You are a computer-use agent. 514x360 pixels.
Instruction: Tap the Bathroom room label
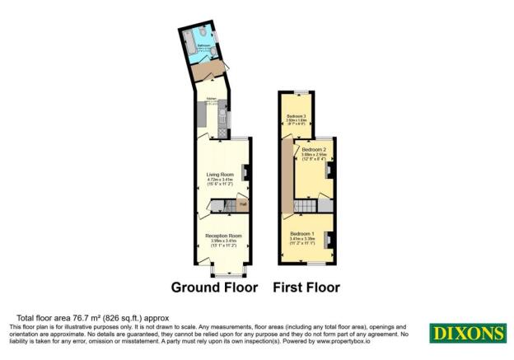202,49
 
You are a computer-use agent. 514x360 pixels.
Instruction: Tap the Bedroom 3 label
297,117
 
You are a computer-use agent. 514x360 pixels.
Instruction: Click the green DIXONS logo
467,333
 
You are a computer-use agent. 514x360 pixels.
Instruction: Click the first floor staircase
306,204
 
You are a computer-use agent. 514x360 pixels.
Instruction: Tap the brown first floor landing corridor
286,173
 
